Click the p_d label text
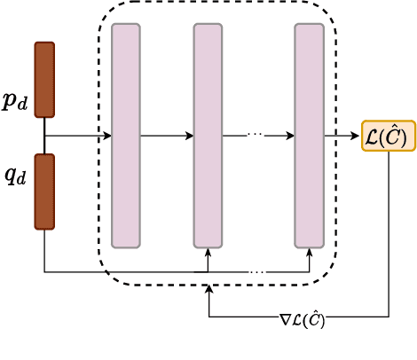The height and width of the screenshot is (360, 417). (15, 102)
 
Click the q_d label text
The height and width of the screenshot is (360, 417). (16, 176)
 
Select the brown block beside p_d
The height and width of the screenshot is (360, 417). (44, 80)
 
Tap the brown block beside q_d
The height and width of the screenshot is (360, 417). (44, 192)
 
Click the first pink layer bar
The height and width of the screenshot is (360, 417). (126, 136)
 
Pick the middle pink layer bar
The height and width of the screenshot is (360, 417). (208, 136)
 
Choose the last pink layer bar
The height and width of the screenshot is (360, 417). (310, 136)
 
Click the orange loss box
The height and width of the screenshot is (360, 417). (389, 136)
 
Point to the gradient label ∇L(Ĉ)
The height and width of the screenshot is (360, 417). (303, 319)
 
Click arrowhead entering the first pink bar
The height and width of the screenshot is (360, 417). (107, 136)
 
